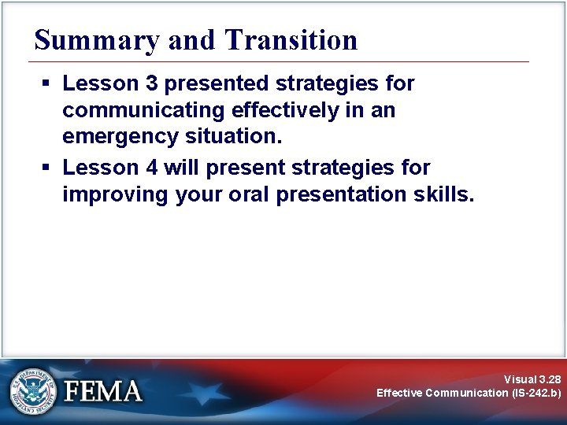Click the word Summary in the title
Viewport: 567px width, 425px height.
pos(98,40)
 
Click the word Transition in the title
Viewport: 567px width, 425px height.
pos(291,40)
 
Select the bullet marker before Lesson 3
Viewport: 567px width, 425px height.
pos(47,83)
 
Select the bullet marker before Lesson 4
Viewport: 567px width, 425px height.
pos(47,168)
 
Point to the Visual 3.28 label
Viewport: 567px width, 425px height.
pos(532,379)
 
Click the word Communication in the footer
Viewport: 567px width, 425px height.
pos(467,393)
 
